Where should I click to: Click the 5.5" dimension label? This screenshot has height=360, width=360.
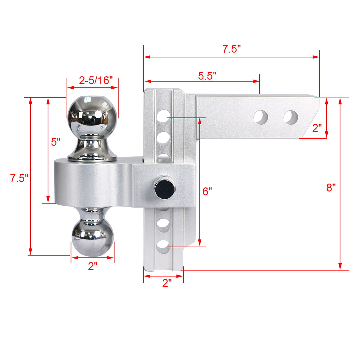(x=207, y=76)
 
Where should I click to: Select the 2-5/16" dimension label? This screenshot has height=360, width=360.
(x=96, y=80)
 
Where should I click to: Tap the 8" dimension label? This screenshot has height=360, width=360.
(x=331, y=187)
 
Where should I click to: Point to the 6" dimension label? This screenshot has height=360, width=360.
(x=207, y=192)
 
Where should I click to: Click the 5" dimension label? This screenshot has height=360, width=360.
(x=55, y=142)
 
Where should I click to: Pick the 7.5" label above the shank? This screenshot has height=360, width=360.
(x=231, y=49)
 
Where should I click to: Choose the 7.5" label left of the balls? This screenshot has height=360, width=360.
(x=19, y=179)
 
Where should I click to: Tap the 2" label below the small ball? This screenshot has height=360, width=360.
(x=93, y=266)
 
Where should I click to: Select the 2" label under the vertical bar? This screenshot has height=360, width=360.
(x=167, y=283)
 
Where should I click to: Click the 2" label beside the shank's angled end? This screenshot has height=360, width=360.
(x=317, y=128)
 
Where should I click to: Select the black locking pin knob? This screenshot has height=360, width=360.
(x=164, y=188)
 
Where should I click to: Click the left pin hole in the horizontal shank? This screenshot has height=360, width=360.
(x=261, y=117)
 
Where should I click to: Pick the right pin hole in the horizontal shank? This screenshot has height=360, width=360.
(x=291, y=117)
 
